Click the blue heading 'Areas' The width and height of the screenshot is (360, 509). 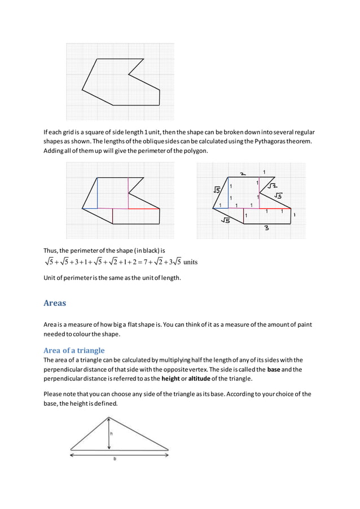click(x=55, y=303)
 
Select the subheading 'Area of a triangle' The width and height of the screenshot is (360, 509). click(x=74, y=350)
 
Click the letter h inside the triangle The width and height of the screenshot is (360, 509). click(x=112, y=433)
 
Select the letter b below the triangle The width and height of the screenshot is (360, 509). click(x=115, y=459)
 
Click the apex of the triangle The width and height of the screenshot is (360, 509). click(x=108, y=418)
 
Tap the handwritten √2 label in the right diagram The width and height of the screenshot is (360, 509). click(x=272, y=185)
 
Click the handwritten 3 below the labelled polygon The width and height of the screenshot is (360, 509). click(x=266, y=229)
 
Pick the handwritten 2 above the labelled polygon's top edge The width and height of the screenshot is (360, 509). click(x=242, y=174)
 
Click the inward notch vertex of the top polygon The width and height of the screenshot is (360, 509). click(x=129, y=73)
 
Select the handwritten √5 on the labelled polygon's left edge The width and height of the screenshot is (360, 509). click(x=217, y=190)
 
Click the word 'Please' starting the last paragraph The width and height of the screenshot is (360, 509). click(x=54, y=394)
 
